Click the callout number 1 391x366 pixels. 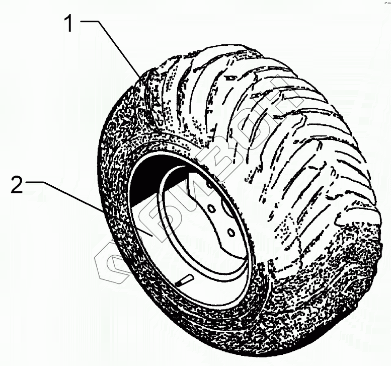[x=71, y=24]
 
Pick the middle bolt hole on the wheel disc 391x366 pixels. [x=212, y=207]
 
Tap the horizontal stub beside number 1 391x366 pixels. [x=91, y=21]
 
